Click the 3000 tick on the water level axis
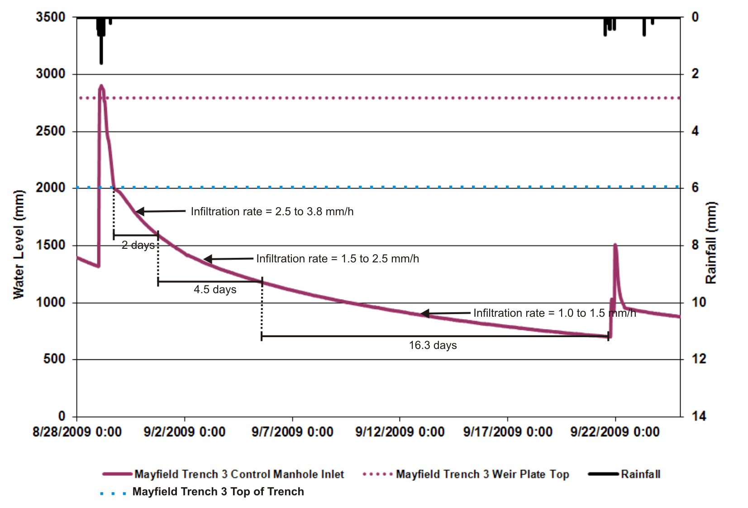point(51,74)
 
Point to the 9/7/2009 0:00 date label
point(292,432)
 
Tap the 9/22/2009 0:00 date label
point(615,432)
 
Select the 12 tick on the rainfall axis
point(699,359)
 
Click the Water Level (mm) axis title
point(19,245)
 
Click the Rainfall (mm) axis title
point(711,243)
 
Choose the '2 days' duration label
point(138,246)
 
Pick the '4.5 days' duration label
point(215,290)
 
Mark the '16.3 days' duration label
point(433,345)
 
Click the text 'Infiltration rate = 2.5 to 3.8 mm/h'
point(272,212)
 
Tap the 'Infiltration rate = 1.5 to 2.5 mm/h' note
point(338,259)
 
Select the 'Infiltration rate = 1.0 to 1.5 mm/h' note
point(554,313)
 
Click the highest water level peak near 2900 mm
point(101,86)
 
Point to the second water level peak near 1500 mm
point(615,245)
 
